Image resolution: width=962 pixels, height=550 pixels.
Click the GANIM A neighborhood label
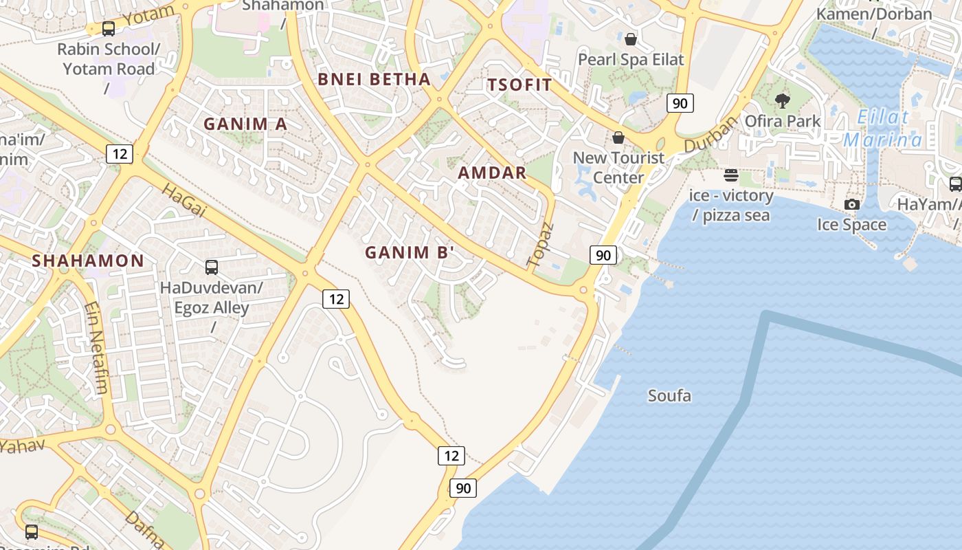pos(245,124)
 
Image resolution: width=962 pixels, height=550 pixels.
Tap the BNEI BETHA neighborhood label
pos(374,79)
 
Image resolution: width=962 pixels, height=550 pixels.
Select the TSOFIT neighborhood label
pos(519,85)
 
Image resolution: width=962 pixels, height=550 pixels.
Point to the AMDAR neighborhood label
pos(492,173)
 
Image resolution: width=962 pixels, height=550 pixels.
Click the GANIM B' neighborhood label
pos(410,252)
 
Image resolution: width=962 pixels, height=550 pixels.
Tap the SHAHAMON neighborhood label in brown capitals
pos(88,261)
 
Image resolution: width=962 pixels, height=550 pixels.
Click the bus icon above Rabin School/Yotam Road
pos(109,29)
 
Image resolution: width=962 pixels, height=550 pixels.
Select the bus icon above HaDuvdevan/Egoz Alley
pos(212,267)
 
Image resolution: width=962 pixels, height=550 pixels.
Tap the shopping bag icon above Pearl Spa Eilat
pos(631,39)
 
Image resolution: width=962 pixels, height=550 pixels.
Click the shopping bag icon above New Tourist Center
pos(618,137)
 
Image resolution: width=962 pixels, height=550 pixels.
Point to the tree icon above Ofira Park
pos(782,101)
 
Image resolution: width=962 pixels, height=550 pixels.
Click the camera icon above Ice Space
pos(852,204)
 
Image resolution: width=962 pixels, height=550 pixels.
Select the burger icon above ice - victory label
pos(731,175)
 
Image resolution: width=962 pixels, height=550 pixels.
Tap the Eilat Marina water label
pos(883,129)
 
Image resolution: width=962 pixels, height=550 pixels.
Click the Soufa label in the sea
pos(669,396)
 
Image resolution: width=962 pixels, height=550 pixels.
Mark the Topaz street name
pos(540,244)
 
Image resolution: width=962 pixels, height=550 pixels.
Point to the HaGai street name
pos(183,200)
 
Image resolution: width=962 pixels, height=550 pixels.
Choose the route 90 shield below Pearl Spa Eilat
pos(680,104)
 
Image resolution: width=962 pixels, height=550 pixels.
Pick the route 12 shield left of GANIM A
pos(120,153)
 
